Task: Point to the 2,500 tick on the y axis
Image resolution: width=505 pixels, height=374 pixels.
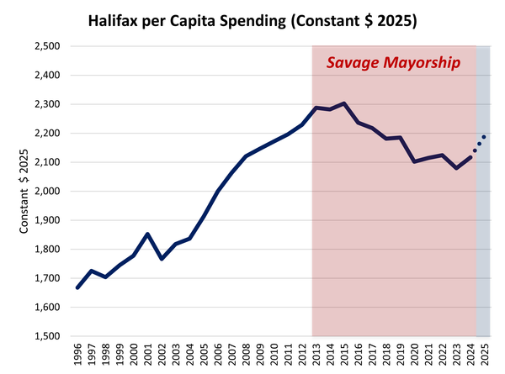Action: click(x=46, y=46)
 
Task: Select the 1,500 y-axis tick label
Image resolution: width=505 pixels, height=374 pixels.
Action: click(x=46, y=336)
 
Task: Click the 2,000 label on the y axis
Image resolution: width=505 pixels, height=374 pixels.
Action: click(x=46, y=192)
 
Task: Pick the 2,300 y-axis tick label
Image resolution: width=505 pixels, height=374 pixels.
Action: click(x=46, y=104)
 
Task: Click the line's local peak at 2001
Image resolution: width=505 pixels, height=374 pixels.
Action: click(x=147, y=234)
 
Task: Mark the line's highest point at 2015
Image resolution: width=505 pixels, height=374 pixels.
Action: click(x=344, y=103)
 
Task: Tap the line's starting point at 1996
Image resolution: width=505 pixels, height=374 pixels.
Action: click(x=77, y=287)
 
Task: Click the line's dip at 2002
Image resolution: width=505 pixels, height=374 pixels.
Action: click(x=162, y=258)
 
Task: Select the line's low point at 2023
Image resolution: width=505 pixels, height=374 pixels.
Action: click(x=456, y=168)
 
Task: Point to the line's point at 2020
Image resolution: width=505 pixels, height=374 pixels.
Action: click(x=414, y=161)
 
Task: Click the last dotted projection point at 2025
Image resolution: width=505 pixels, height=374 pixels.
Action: click(x=484, y=137)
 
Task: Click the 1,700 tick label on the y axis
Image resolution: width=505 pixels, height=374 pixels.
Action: click(x=46, y=278)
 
